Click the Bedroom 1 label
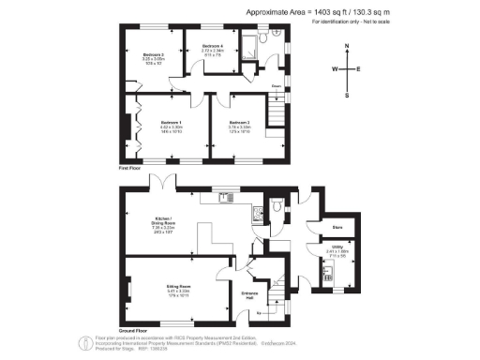(170, 123)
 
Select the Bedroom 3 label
(154, 55)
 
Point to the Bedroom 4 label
(212, 46)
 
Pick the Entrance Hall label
(249, 296)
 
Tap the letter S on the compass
(347, 95)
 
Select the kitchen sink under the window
(225, 197)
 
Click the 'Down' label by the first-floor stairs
(277, 88)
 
